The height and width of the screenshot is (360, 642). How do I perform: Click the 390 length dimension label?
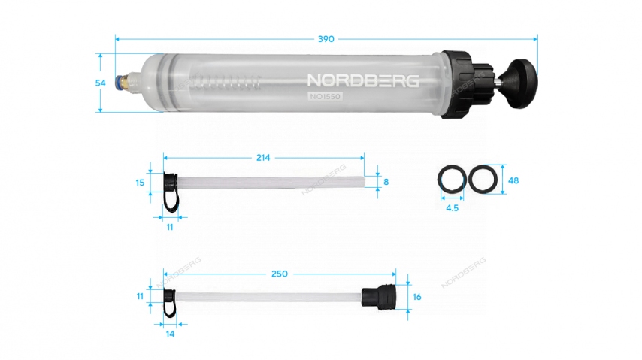point(326,39)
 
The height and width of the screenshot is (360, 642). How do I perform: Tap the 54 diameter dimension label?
point(100,83)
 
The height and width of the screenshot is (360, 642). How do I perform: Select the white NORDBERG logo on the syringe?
point(363,80)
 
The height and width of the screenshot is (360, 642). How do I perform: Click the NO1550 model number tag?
point(325,97)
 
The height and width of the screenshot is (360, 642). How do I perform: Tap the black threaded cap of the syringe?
point(468,84)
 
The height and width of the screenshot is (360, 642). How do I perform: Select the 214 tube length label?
point(263,158)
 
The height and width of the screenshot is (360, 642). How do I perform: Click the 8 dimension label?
point(386,182)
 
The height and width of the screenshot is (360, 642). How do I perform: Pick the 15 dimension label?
point(140,183)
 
